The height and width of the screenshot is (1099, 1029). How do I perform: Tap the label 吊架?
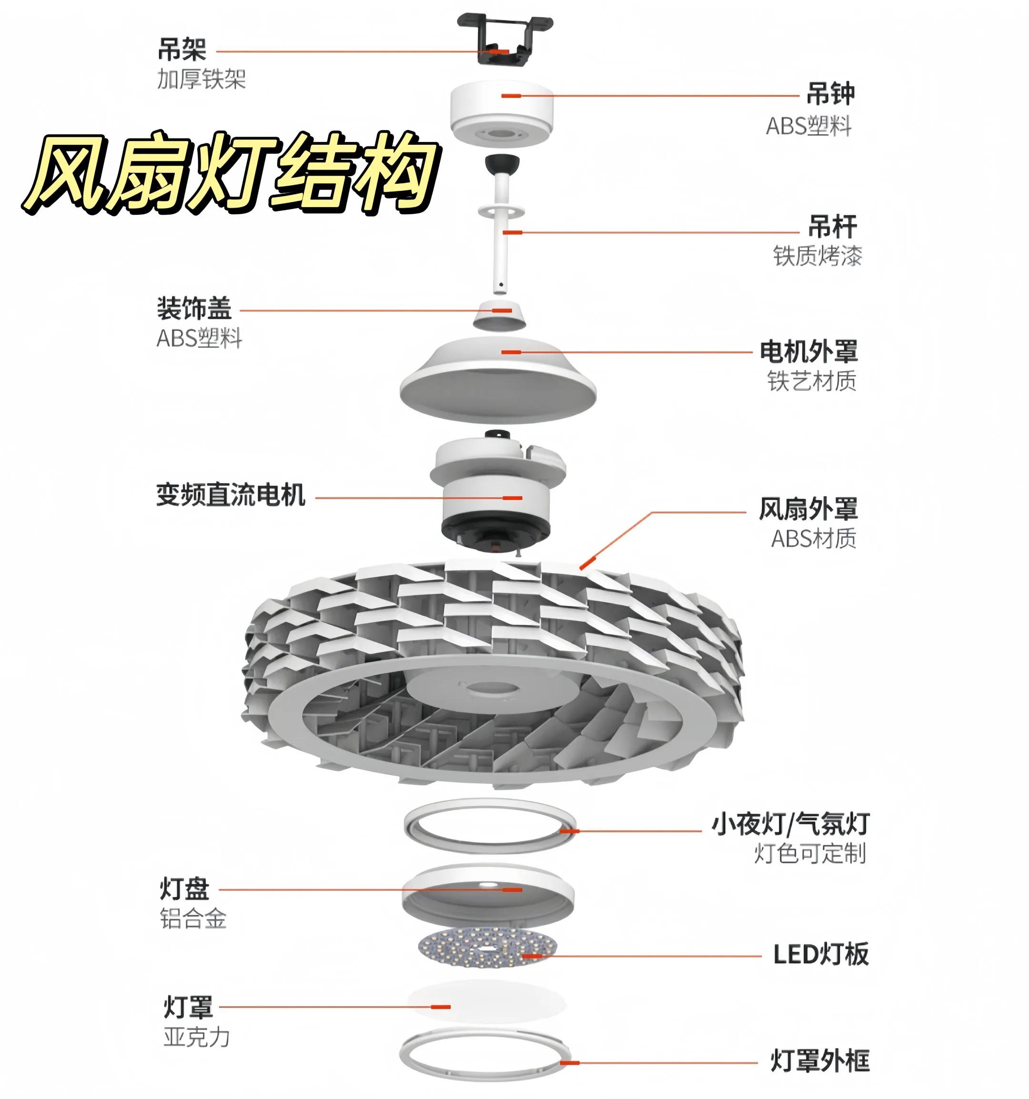182,50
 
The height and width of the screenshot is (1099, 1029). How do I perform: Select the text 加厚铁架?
201,79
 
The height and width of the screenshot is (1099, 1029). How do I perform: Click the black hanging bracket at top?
504,39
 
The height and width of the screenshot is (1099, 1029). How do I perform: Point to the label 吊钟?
830,94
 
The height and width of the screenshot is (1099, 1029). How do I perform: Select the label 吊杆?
832,226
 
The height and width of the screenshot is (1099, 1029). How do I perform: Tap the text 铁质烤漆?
817,256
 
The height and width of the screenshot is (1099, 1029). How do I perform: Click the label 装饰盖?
194,309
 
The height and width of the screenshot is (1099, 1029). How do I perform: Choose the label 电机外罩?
808,351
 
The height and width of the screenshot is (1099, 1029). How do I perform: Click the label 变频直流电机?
231,495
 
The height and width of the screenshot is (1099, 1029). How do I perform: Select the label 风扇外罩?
808,509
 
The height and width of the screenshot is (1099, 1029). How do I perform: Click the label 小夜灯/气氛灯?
790,824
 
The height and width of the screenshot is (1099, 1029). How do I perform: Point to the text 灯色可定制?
810,854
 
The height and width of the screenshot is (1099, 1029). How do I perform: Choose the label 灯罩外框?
820,1061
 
